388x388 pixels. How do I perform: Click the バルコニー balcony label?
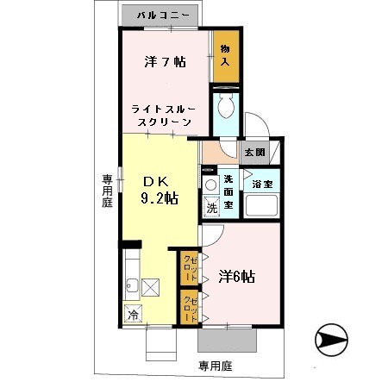(161, 16)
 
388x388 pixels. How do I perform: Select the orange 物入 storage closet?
(227, 57)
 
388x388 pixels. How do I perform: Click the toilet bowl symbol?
(226, 109)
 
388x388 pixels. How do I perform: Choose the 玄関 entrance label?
(254, 152)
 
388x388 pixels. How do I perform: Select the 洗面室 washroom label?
(228, 191)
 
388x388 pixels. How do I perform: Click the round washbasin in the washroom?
(210, 184)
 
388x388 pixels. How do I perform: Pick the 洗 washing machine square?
(210, 207)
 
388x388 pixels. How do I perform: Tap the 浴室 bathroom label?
(262, 184)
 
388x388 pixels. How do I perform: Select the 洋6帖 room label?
(235, 277)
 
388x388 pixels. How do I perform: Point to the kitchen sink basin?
(132, 285)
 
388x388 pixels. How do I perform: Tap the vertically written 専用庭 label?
(108, 191)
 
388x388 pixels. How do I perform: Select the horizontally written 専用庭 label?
(216, 366)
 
